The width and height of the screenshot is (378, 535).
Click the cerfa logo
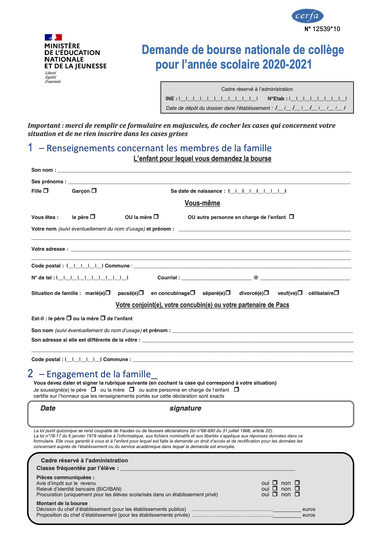click(307, 16)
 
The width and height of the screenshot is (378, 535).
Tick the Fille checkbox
click(46, 191)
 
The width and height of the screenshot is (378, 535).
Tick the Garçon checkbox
click(94, 191)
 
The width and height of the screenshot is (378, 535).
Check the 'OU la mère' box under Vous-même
click(156, 217)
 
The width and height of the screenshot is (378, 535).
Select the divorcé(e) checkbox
click(266, 293)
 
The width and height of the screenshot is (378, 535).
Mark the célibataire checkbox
click(337, 293)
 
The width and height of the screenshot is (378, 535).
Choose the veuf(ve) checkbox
click(300, 293)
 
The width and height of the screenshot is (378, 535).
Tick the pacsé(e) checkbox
click(141, 293)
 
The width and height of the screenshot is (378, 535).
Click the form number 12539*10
click(322, 29)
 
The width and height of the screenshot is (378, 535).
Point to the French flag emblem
click(53, 37)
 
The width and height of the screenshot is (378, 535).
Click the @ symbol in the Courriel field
click(256, 278)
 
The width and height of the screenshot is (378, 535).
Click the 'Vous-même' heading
click(202, 203)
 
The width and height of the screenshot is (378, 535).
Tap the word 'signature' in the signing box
click(185, 408)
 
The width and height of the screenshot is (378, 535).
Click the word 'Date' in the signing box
click(48, 408)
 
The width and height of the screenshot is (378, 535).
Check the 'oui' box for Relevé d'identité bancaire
click(275, 489)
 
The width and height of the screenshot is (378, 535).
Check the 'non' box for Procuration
click(297, 494)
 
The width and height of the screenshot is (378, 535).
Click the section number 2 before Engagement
click(30, 374)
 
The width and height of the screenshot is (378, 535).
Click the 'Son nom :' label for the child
click(44, 170)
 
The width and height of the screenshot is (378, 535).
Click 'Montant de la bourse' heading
click(62, 503)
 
